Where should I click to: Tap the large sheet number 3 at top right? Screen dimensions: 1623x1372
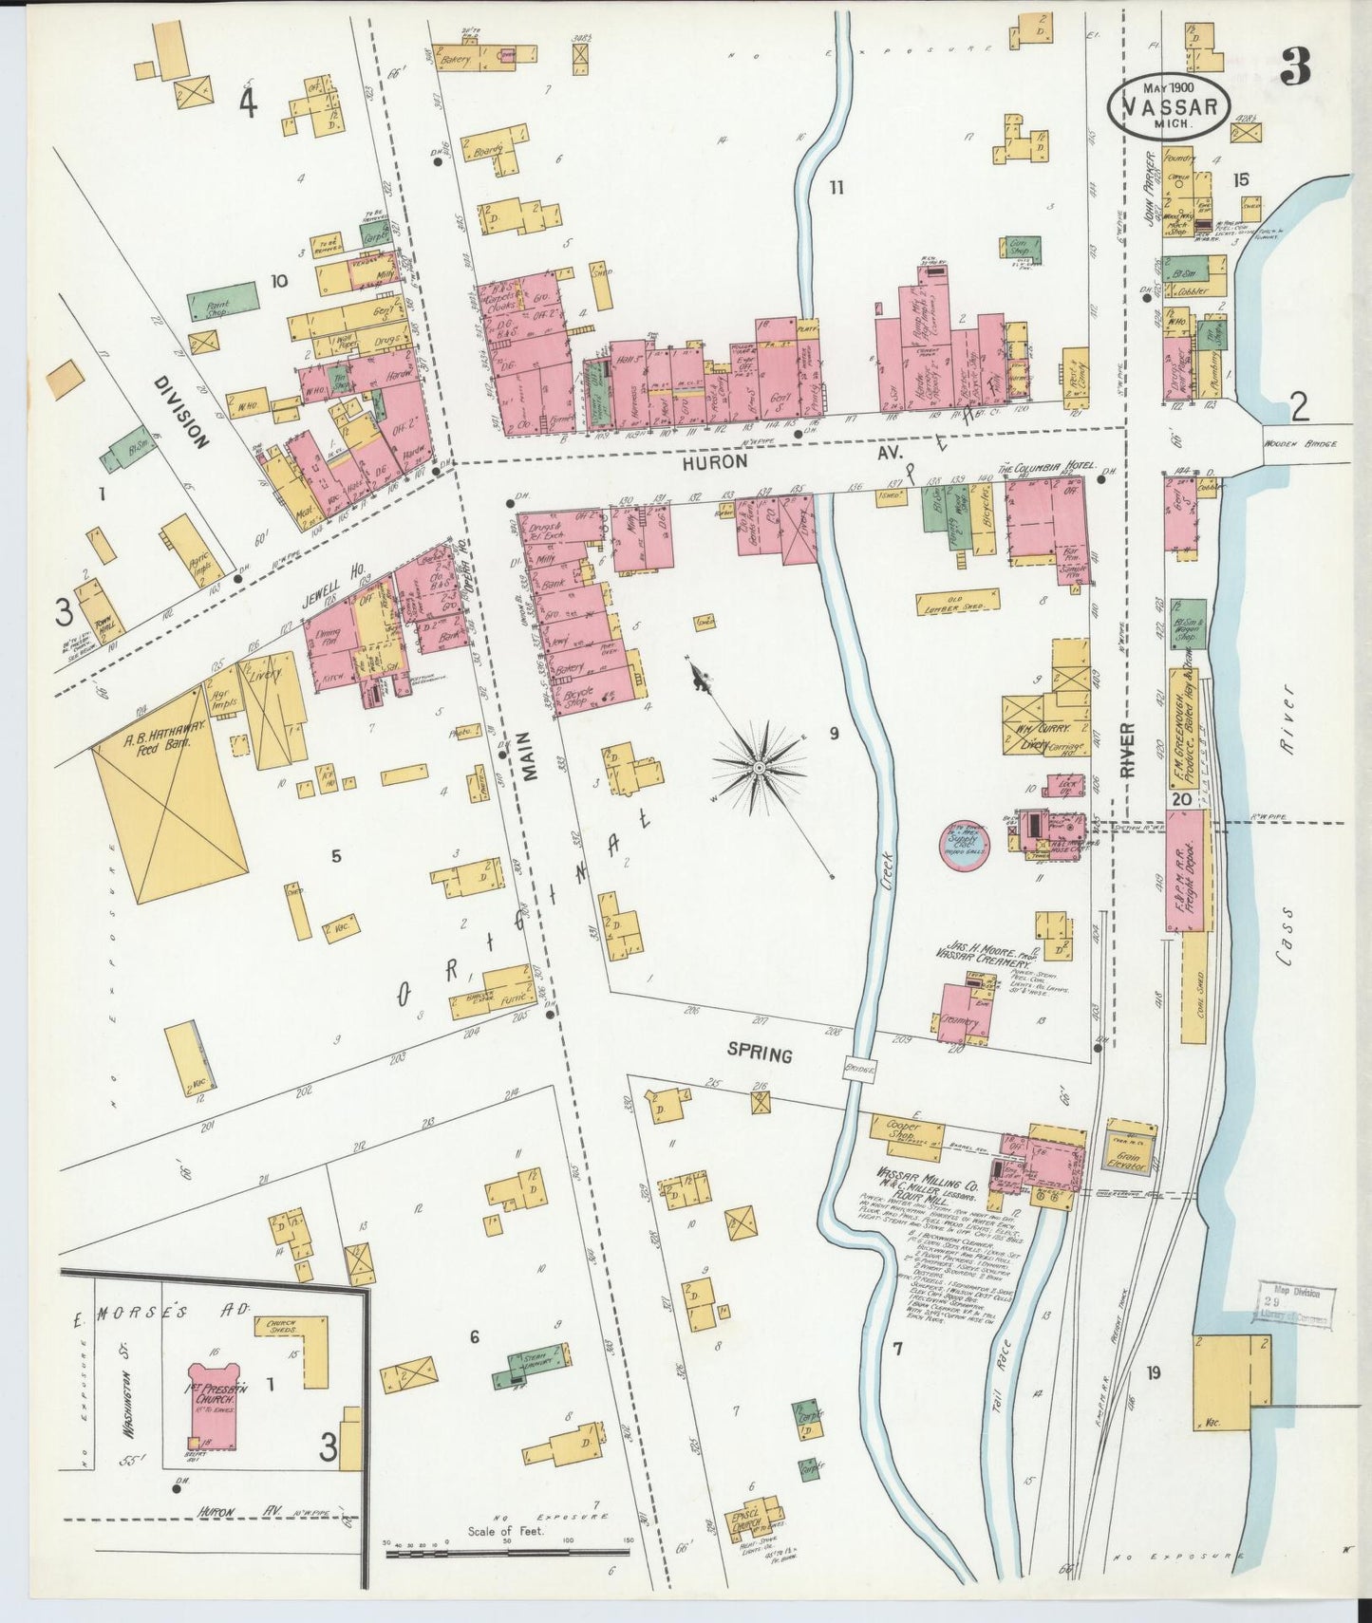click(x=1294, y=66)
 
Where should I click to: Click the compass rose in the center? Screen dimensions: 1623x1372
click(x=761, y=763)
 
